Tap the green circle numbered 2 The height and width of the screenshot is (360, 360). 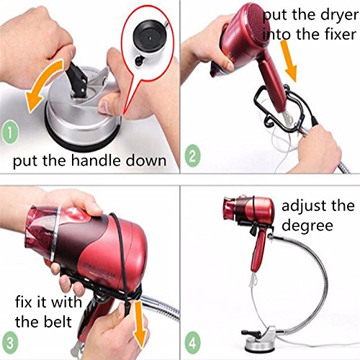coord(192,156)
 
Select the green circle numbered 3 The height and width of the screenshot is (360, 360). coord(9,343)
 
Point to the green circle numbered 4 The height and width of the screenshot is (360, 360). coord(193,343)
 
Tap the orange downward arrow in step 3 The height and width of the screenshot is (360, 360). coord(140,325)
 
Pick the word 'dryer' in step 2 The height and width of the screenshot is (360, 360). coord(339,16)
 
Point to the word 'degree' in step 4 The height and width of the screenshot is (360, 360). coord(307,226)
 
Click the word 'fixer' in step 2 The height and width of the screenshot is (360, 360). coord(341,34)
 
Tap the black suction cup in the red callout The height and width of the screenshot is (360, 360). coord(149,37)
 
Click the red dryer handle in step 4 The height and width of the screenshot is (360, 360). coord(258,250)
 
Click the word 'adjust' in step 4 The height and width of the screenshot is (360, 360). coord(303,207)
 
